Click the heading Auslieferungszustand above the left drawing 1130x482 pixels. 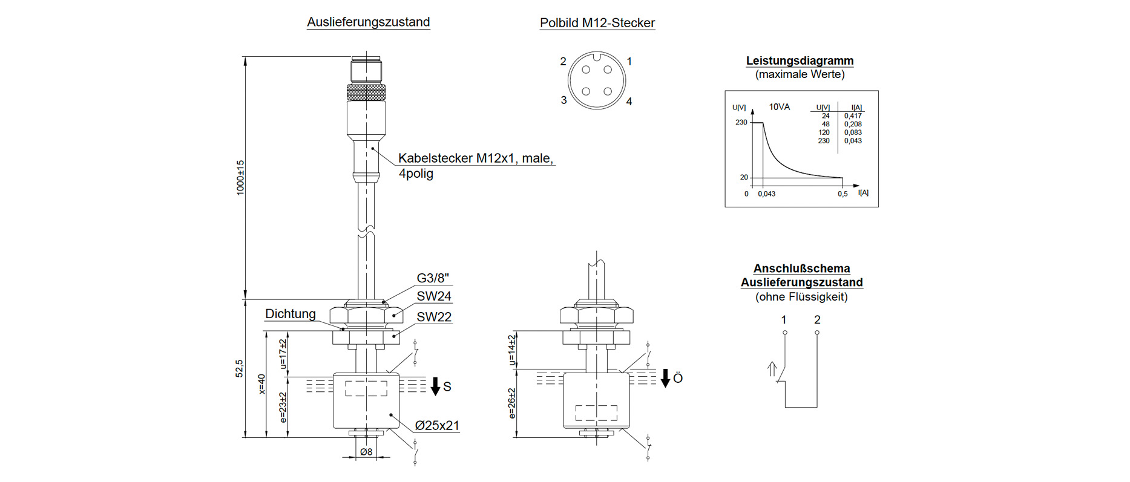pyautogui.click(x=368, y=22)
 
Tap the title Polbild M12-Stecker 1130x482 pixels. pyautogui.click(x=597, y=23)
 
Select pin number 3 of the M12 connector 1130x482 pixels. pyautogui.click(x=563, y=100)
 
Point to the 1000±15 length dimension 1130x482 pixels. pyautogui.click(x=240, y=177)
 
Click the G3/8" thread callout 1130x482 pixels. pyautogui.click(x=433, y=278)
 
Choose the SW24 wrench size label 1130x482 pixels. pyautogui.click(x=433, y=296)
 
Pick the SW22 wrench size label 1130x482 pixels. pyautogui.click(x=433, y=317)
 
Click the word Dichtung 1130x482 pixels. pyautogui.click(x=291, y=314)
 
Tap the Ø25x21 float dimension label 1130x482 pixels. pyautogui.click(x=437, y=426)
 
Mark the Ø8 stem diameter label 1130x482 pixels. pyautogui.click(x=366, y=452)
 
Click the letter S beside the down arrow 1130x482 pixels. pyautogui.click(x=447, y=387)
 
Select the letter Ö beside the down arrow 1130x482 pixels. pyautogui.click(x=678, y=379)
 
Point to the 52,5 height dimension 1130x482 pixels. pyautogui.click(x=240, y=368)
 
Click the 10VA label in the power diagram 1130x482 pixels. pyautogui.click(x=779, y=107)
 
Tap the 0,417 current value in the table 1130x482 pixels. pyautogui.click(x=853, y=116)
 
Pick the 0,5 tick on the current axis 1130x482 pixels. pyautogui.click(x=843, y=194)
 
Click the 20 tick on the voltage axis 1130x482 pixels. pyautogui.click(x=744, y=177)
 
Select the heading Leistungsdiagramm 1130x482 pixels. pyautogui.click(x=800, y=60)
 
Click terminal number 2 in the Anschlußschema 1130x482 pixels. pyautogui.click(x=817, y=320)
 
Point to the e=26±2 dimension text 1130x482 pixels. pyautogui.click(x=512, y=403)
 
